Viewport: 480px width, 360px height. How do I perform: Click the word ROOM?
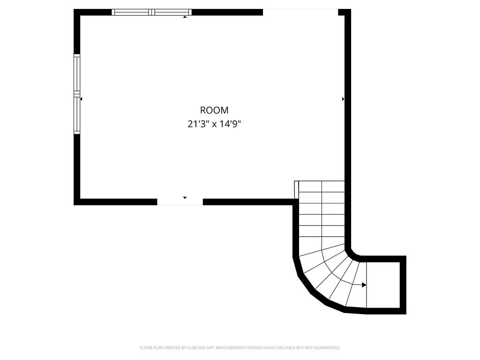(214, 110)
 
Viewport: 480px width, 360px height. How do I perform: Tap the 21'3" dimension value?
(197, 125)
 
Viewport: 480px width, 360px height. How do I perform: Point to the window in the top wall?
(151, 12)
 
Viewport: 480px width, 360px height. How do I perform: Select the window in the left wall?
(77, 94)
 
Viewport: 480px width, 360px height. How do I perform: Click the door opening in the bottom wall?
(180, 202)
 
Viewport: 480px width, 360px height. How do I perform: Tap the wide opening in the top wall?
(300, 12)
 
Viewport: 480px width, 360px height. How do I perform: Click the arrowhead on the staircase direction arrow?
(364, 285)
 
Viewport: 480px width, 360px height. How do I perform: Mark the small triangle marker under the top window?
(185, 17)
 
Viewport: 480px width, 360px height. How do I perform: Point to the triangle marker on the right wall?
(343, 99)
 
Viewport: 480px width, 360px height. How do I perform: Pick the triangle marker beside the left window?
(81, 99)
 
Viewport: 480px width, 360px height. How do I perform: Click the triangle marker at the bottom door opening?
(185, 198)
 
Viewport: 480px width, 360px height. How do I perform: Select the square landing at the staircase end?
(382, 285)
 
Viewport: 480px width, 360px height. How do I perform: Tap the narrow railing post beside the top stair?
(296, 190)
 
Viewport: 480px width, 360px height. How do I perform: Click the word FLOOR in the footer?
(145, 348)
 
